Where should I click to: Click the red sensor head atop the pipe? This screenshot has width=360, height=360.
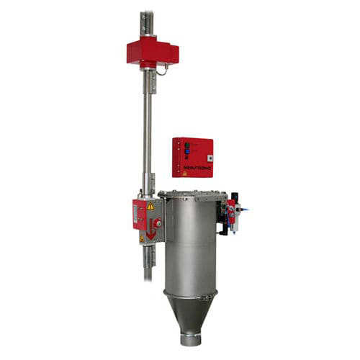[x=152, y=53]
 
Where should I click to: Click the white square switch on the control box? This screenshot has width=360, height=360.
[x=208, y=157]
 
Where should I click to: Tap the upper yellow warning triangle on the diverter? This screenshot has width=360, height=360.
[x=151, y=206]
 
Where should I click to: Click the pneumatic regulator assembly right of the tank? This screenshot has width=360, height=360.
[x=231, y=214]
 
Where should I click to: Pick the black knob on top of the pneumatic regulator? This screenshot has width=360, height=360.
[x=233, y=197]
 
